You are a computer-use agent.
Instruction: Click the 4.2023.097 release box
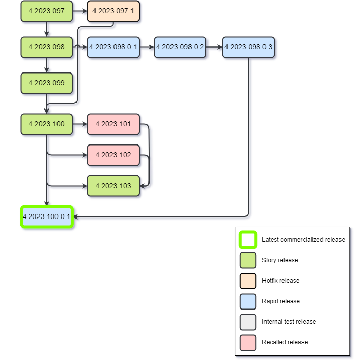tap(46, 11)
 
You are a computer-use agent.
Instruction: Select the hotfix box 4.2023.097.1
tap(113, 11)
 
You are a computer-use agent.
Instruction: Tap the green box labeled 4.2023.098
tap(46, 47)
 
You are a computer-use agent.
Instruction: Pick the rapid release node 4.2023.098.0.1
tap(113, 47)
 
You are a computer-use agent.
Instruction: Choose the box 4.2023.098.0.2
tap(180, 47)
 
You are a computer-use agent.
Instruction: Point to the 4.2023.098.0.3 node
tap(248, 47)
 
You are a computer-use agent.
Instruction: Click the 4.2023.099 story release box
tap(46, 83)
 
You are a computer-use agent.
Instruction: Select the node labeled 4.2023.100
tap(46, 124)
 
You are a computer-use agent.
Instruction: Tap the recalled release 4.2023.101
tap(113, 124)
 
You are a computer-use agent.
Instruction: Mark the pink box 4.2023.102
tap(113, 155)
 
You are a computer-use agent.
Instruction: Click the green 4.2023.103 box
tap(113, 186)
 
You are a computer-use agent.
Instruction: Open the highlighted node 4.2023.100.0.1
tap(47, 216)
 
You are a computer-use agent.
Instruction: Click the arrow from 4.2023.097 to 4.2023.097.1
tap(80, 11)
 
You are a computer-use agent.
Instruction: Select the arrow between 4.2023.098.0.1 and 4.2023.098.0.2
tap(146, 47)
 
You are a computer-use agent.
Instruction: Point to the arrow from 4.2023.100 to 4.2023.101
tap(80, 124)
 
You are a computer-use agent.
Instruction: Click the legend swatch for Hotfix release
tap(248, 281)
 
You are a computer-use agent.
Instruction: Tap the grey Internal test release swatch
tap(248, 322)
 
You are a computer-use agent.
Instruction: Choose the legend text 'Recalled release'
tap(285, 342)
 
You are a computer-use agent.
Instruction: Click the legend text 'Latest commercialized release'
tap(303, 240)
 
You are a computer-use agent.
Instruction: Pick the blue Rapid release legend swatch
tap(248, 301)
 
